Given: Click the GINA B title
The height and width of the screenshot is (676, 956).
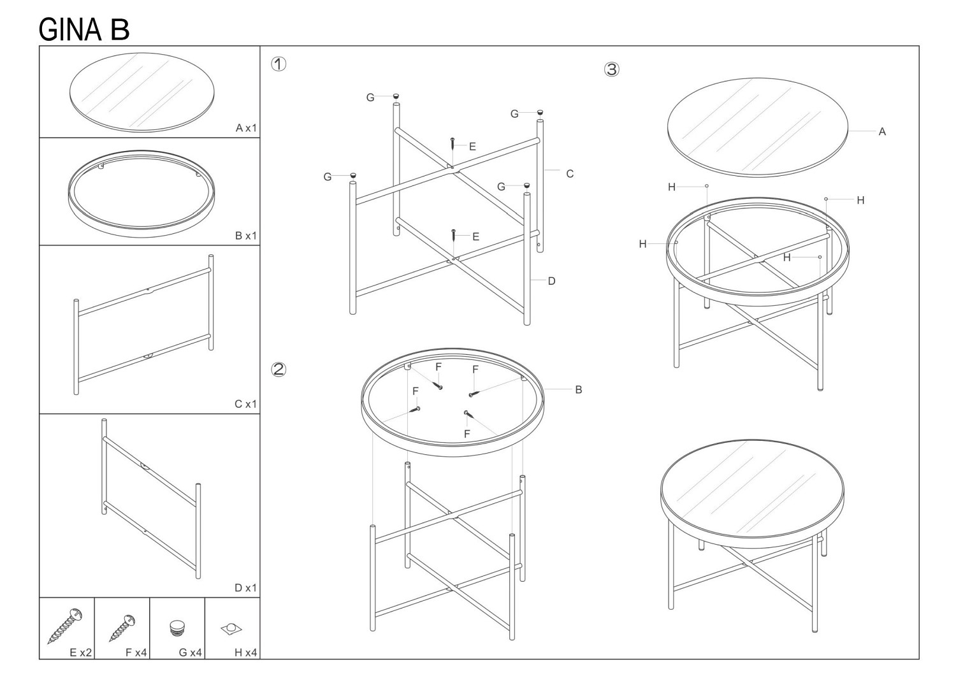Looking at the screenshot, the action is pos(84,30).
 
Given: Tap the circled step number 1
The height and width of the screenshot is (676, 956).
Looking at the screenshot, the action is pos(279,64).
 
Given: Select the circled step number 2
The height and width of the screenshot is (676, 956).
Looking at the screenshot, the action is pos(279,369).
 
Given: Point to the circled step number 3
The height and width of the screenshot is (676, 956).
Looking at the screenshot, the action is pos(612,69).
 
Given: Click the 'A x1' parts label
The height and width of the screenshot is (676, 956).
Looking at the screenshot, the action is pos(246,127).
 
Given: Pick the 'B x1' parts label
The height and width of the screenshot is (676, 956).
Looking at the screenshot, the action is pos(246,236).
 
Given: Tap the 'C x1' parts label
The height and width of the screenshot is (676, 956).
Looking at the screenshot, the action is pos(246,404).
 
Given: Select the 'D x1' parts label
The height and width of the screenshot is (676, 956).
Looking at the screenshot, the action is pos(246,587).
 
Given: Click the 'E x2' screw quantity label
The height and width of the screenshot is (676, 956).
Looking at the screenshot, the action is pos(81,652).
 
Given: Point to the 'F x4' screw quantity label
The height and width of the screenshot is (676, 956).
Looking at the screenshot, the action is pos(136,652).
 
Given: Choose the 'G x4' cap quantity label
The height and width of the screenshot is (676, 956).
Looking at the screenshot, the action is pos(191,652).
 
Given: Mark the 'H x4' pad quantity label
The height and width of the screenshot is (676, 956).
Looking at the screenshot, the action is pos(246,652).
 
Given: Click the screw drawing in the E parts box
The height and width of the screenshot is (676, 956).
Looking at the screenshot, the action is pos(64,626).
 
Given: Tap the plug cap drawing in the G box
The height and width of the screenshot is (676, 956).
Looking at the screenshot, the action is pos(178,628).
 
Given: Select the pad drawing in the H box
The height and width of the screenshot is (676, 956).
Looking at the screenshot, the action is pos(231,629).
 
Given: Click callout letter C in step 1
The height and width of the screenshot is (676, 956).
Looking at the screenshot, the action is pos(570,174).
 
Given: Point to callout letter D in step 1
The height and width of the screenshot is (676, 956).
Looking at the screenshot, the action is pos(551,281).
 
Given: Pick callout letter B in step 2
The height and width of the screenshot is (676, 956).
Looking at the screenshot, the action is pos(579,389).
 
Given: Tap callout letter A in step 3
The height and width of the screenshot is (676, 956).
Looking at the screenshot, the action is pos(882,131).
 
